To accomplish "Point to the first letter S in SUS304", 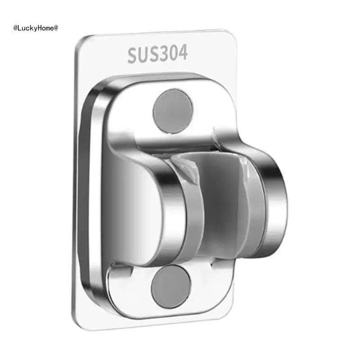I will point(133,56).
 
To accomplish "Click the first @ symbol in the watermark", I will point(16,28).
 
